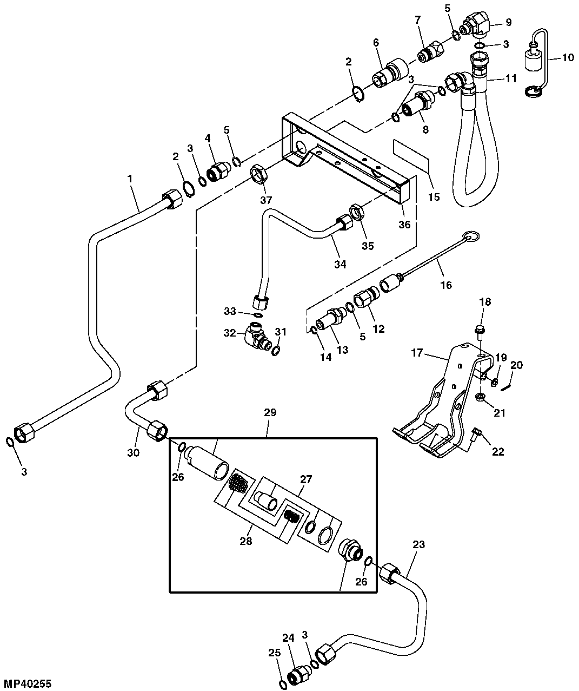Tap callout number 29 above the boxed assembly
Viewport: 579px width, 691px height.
270,413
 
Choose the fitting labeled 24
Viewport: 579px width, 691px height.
299,675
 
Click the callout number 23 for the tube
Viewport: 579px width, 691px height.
418,545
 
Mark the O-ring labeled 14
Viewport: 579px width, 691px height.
314,330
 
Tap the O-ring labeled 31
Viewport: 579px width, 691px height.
276,351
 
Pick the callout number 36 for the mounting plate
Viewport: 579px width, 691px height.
404,224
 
